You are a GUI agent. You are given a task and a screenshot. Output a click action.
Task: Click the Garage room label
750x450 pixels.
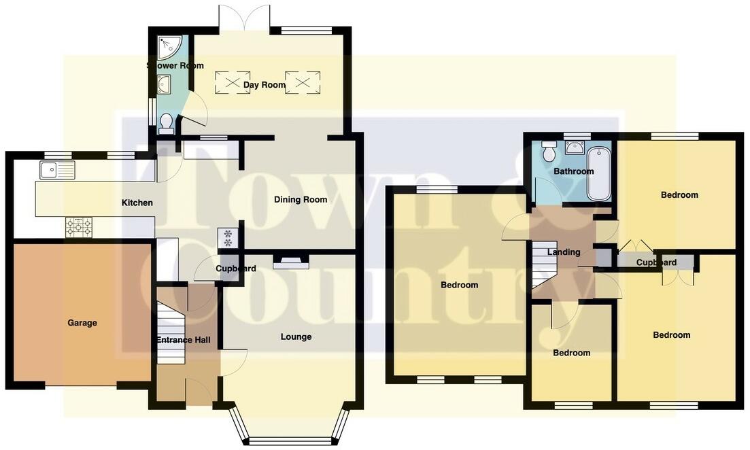(82, 323)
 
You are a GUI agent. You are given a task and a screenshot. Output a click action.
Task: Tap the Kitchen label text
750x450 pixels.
(137, 203)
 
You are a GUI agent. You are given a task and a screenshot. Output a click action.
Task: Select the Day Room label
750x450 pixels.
(265, 85)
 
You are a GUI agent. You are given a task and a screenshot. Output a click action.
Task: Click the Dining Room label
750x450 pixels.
(301, 200)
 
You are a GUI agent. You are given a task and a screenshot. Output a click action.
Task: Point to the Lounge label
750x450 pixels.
(296, 336)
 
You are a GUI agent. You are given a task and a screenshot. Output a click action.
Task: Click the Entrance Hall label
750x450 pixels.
(184, 340)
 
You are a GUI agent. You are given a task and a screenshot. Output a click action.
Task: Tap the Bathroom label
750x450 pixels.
(573, 171)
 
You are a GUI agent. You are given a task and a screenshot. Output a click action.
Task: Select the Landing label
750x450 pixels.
(564, 252)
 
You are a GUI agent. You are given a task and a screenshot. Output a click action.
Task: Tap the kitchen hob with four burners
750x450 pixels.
(78, 227)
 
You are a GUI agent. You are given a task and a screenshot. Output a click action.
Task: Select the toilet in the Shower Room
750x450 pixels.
(165, 122)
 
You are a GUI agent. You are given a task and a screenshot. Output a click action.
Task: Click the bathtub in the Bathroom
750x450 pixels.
(598, 173)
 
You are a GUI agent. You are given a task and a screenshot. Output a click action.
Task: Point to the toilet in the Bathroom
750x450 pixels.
(549, 151)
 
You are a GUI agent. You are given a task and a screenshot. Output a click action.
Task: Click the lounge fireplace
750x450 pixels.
(290, 262)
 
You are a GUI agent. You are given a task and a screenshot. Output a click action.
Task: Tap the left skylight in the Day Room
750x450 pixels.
(233, 82)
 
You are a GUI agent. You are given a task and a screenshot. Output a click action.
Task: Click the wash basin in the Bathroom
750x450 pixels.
(575, 147)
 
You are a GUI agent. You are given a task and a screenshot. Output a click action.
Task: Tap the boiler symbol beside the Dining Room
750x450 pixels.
(227, 238)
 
